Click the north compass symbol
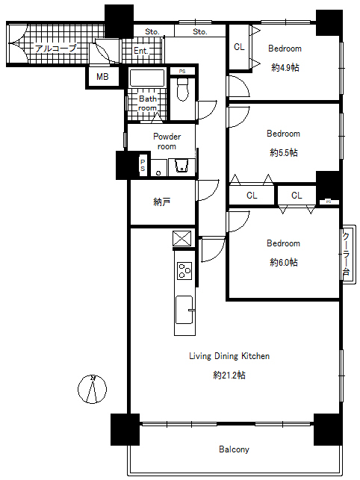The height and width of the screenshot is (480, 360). (92, 389)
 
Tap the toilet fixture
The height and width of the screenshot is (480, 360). (182, 90)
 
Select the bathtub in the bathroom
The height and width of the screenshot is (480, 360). (147, 78)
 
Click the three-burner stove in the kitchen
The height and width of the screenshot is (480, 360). (184, 271)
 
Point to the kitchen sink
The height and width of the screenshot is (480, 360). (184, 310)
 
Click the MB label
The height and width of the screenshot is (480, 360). (102, 77)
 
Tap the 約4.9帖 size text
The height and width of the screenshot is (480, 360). (285, 67)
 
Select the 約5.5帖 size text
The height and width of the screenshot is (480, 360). (283, 152)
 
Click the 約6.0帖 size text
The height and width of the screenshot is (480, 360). (283, 262)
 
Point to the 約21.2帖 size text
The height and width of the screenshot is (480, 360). (229, 375)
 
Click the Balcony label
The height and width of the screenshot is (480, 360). (234, 449)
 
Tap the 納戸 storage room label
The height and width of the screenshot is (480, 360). (162, 202)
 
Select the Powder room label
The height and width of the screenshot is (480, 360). (167, 141)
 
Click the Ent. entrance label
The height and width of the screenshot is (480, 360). (141, 51)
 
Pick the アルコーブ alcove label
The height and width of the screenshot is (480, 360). (55, 49)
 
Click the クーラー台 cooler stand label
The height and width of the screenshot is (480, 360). (347, 254)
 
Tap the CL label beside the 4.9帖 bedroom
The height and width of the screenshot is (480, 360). (239, 47)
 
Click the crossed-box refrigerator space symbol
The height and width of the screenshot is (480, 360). (182, 238)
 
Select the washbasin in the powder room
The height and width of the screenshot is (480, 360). (181, 166)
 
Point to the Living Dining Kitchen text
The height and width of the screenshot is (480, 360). (229, 356)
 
